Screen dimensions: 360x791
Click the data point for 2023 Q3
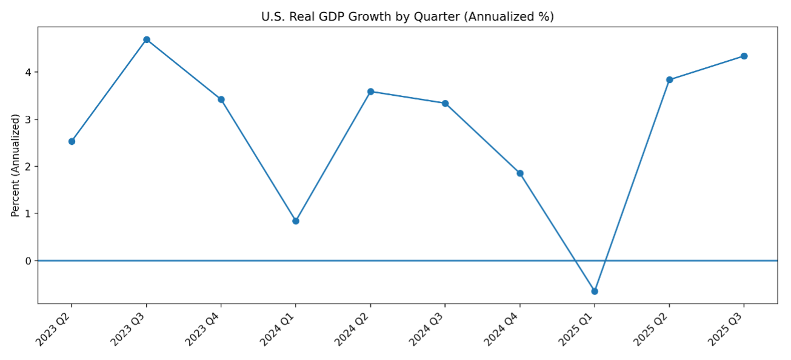[x=147, y=40]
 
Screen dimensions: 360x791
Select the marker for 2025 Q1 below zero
[x=595, y=292]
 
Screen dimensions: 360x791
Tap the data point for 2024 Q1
[x=296, y=221]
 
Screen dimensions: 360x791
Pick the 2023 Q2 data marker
[x=72, y=141]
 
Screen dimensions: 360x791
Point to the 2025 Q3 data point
[x=744, y=56]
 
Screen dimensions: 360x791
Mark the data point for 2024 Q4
[x=520, y=173]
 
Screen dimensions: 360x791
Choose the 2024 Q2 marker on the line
[x=370, y=92]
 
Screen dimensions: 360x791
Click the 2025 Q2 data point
[x=669, y=80]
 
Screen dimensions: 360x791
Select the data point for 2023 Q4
[x=221, y=99]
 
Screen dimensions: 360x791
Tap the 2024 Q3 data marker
[x=445, y=104]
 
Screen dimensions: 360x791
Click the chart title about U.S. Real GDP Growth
[x=407, y=17]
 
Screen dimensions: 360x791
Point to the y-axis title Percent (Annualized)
[x=16, y=165]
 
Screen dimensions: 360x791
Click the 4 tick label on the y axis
[x=28, y=72]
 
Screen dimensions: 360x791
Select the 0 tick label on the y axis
[x=28, y=261]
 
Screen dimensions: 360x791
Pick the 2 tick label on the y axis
[x=28, y=167]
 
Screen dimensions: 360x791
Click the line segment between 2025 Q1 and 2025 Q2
[x=632, y=185]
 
